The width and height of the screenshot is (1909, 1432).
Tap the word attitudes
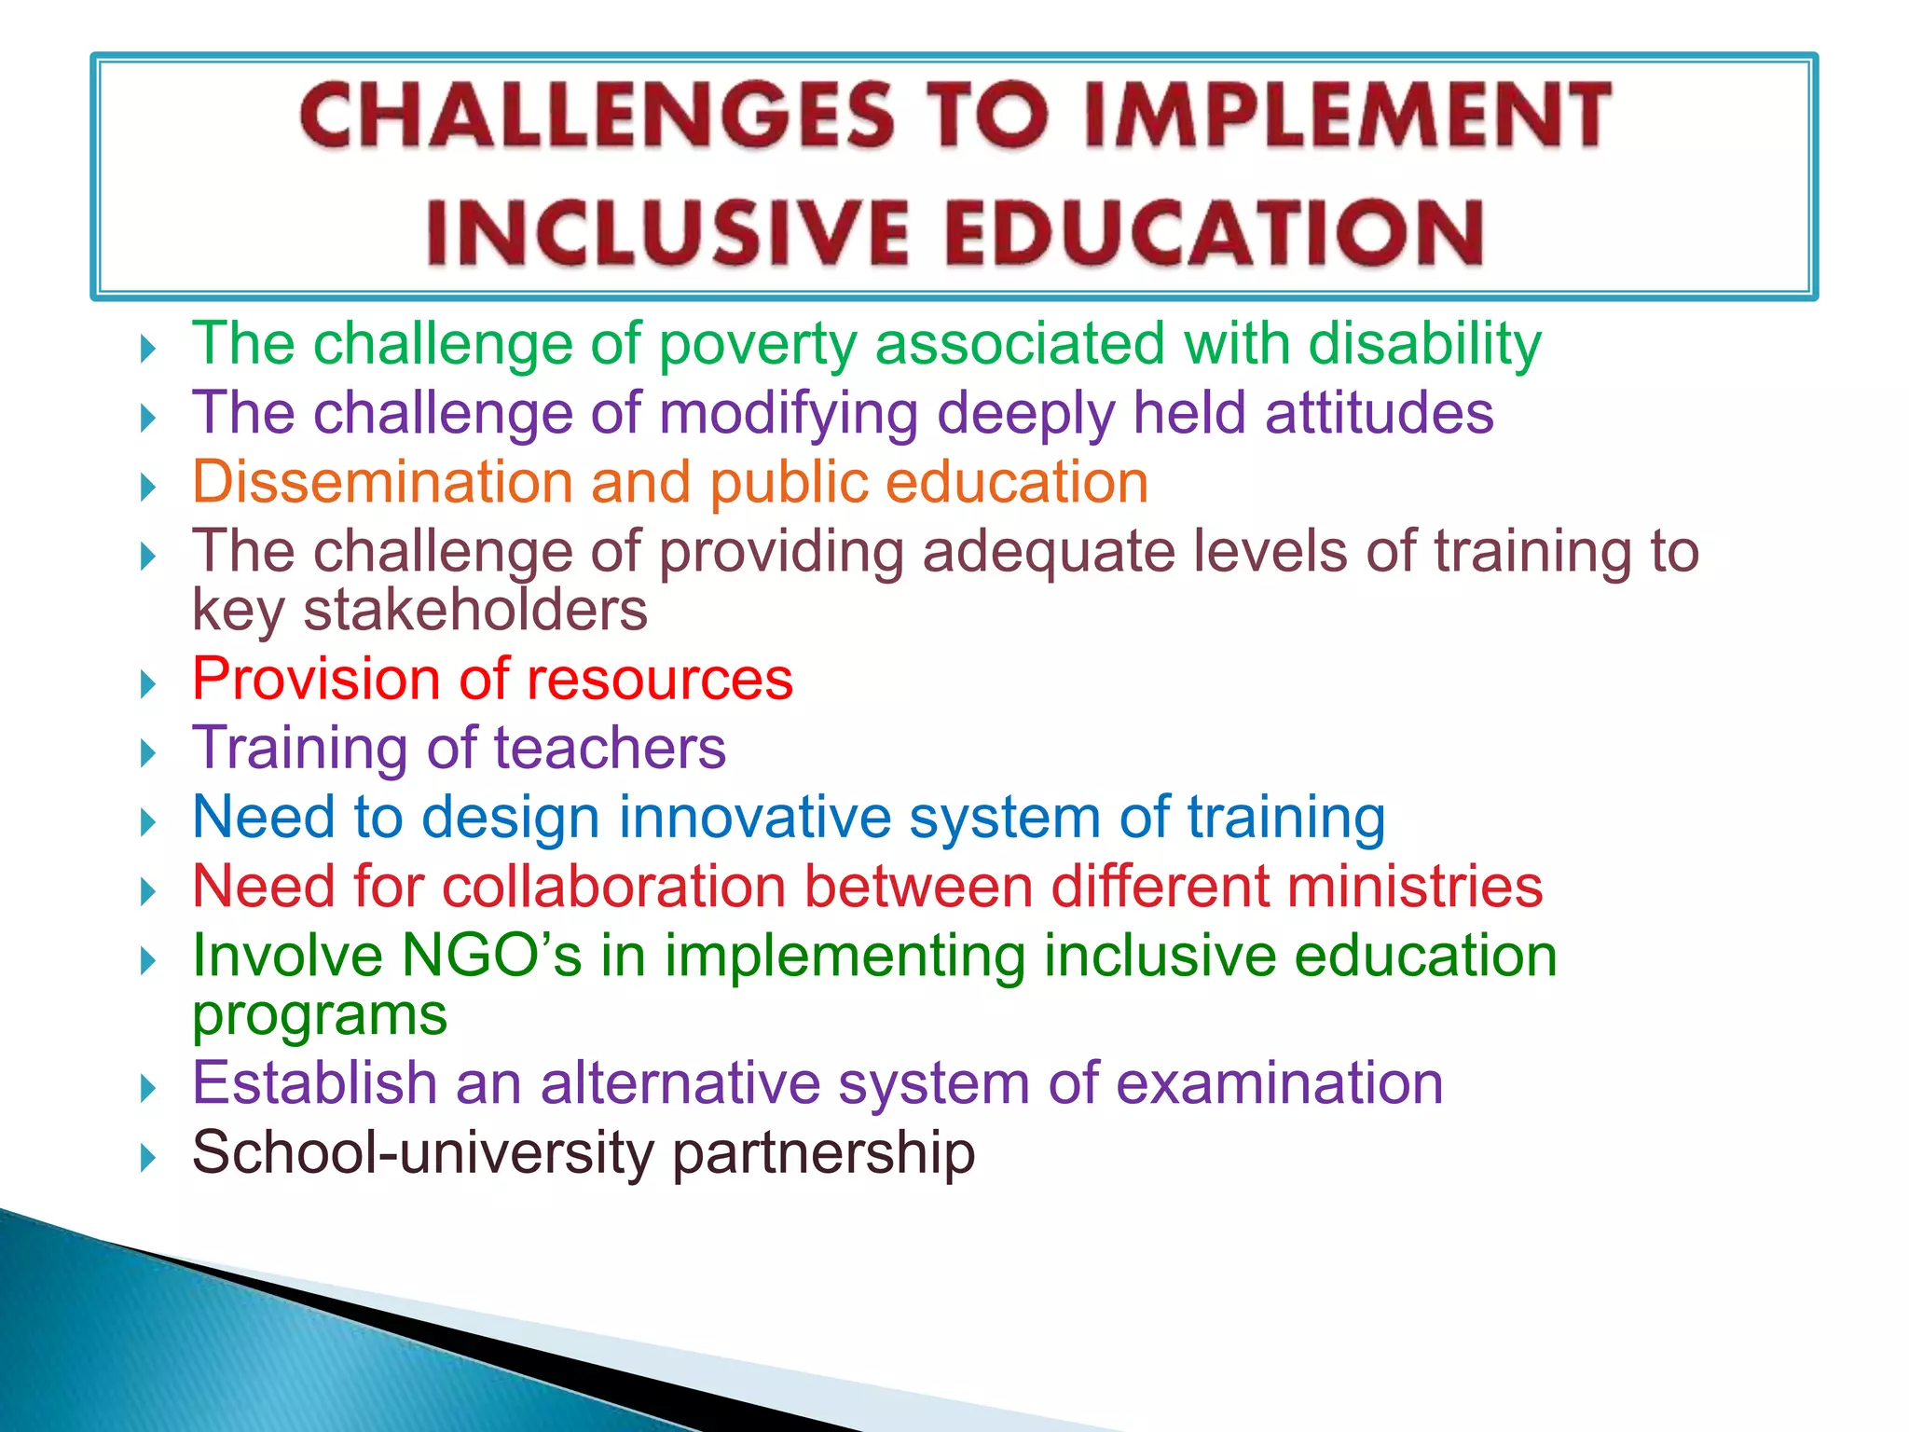1379,413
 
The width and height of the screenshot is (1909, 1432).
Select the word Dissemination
382,482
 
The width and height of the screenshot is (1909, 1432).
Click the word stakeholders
475,611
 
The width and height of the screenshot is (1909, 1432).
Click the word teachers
610,749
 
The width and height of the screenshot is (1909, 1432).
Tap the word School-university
423,1153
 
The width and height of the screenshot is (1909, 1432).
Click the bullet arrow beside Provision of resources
147,685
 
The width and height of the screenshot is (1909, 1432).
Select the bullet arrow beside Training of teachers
147,753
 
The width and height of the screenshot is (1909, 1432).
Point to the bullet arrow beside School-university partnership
147,1159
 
